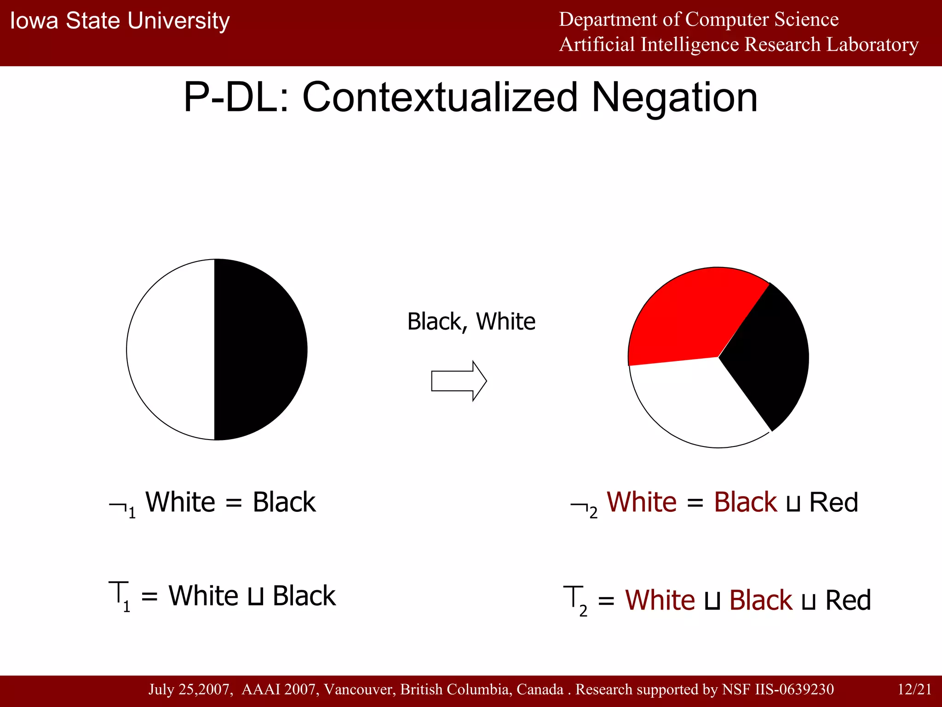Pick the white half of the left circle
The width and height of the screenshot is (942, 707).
[x=170, y=350]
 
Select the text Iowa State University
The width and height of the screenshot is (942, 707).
[x=120, y=21]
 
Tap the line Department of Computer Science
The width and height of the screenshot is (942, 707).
[x=698, y=19]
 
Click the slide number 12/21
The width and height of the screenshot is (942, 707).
[x=914, y=689]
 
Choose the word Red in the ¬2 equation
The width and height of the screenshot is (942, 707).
[x=833, y=502]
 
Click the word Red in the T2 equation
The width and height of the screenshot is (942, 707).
[x=848, y=600]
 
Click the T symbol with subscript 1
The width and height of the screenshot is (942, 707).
[x=119, y=595]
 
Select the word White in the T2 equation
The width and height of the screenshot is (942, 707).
[x=660, y=600]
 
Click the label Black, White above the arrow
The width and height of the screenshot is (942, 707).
[x=471, y=321]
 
